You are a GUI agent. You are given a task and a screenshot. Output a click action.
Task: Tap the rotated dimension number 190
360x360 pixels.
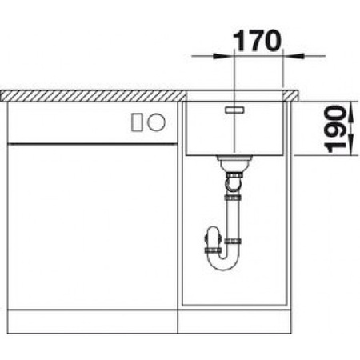[342, 129]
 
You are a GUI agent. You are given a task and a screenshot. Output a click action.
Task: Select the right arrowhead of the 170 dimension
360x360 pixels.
[290, 56]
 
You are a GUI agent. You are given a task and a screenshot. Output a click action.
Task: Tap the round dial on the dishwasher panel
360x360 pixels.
[158, 122]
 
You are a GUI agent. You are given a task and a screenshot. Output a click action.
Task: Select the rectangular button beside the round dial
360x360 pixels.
[138, 122]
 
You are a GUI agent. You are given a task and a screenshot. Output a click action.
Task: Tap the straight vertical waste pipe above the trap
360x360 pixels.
[234, 220]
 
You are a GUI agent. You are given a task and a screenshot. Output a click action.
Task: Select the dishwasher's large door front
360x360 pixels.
[92, 224]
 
